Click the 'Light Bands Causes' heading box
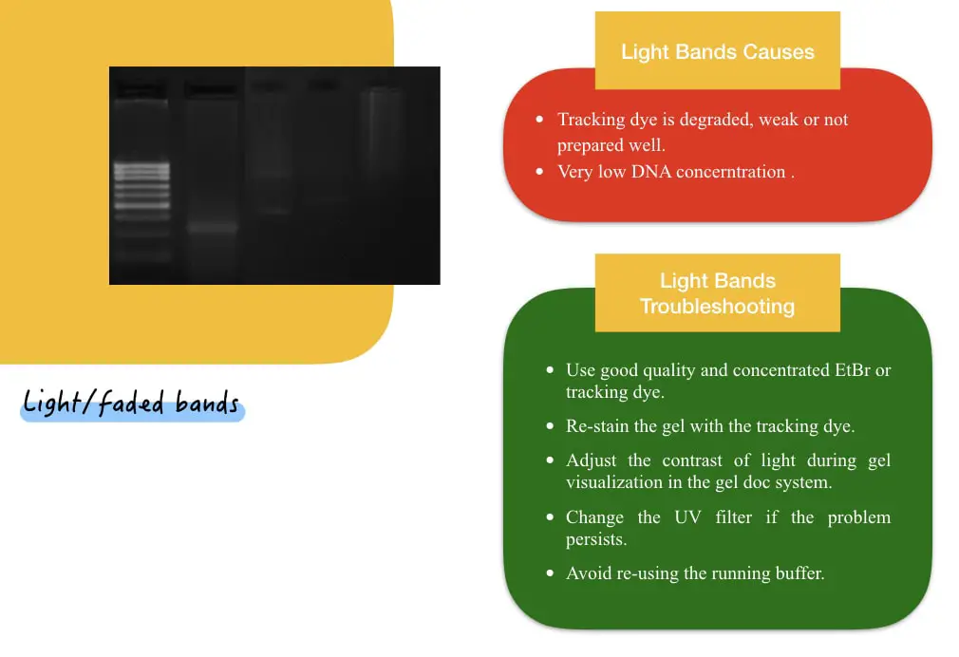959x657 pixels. (x=717, y=51)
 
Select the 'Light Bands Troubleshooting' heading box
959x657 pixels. (x=717, y=293)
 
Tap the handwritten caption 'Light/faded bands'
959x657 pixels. (x=131, y=403)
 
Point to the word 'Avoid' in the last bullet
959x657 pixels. (x=588, y=573)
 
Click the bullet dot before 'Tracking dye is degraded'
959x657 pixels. (x=539, y=121)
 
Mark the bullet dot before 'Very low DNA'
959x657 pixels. (x=539, y=172)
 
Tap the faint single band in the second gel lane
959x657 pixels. (x=211, y=228)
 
